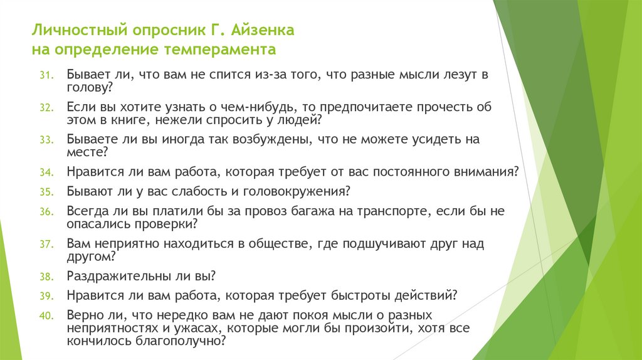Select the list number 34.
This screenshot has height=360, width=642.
pos(50,172)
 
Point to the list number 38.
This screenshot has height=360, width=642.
pos(50,276)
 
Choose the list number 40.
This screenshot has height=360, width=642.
pos(50,315)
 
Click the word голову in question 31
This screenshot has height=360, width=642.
pos(87,87)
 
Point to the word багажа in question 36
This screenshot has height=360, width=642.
pos(337,211)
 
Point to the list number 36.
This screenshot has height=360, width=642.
pos(50,212)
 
